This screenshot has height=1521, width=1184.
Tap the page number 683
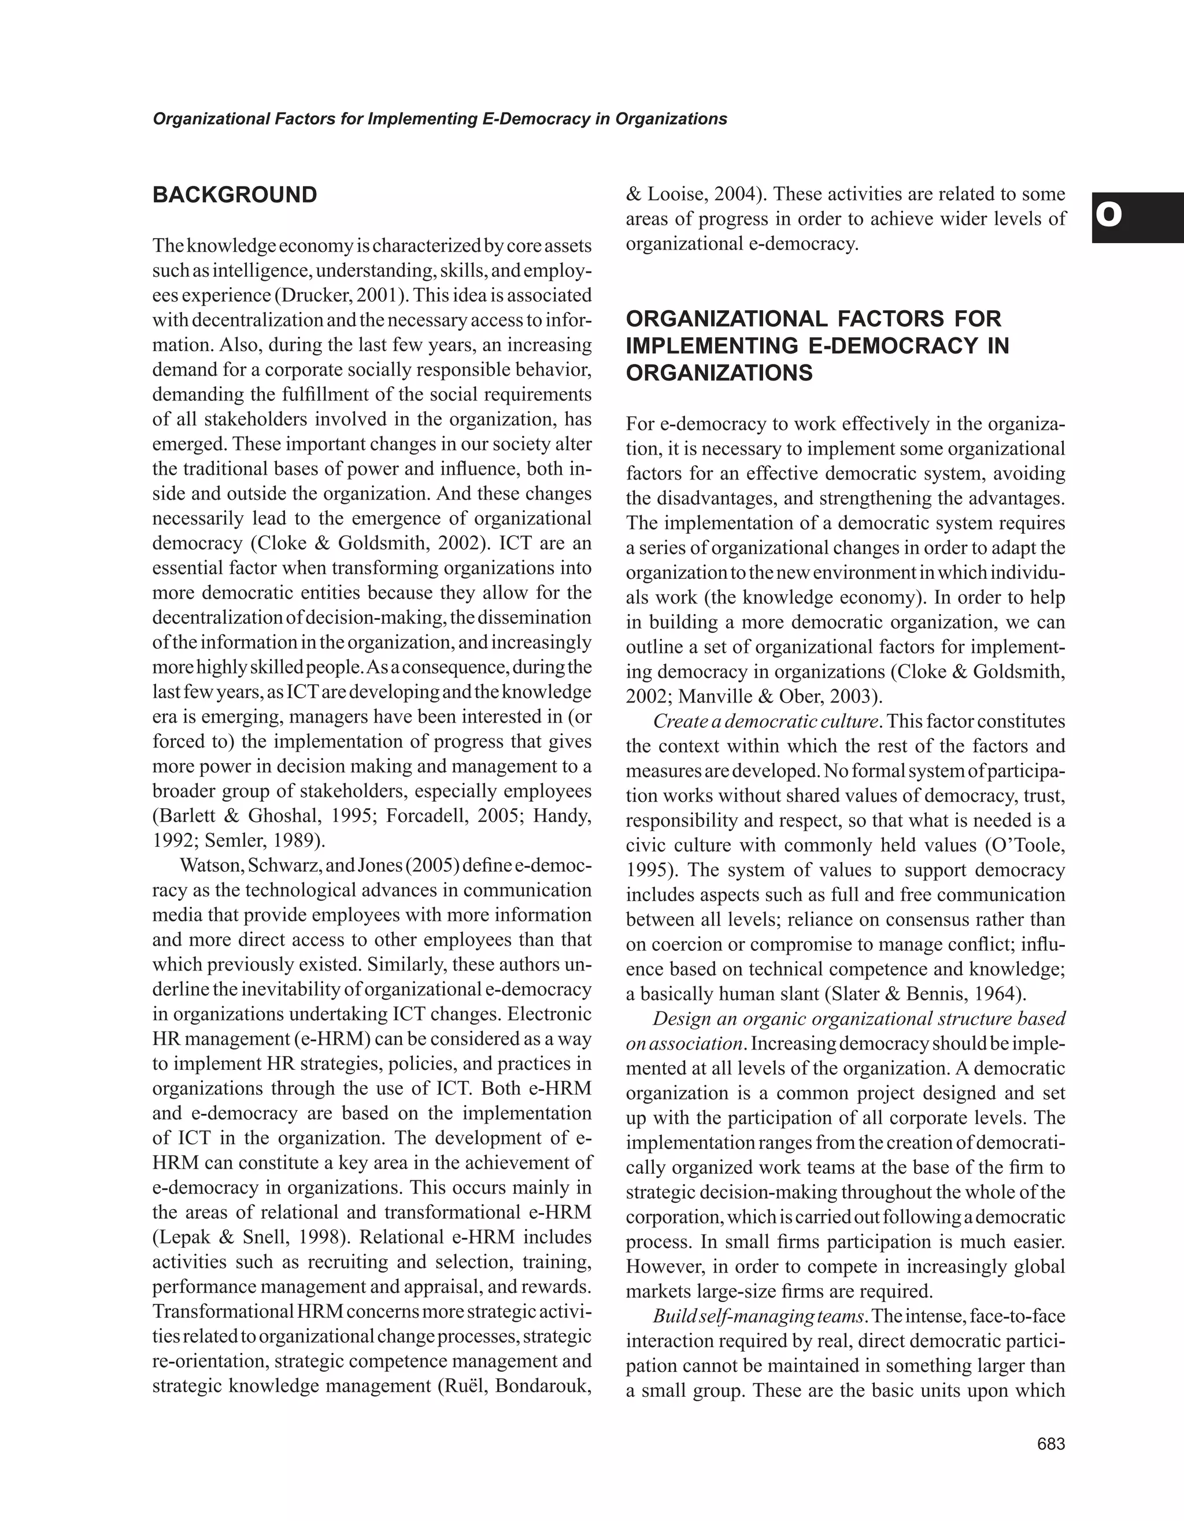coord(1051,1444)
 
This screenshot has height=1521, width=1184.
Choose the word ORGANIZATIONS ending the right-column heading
coord(719,373)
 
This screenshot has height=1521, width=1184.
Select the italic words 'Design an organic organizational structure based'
coord(859,1019)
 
